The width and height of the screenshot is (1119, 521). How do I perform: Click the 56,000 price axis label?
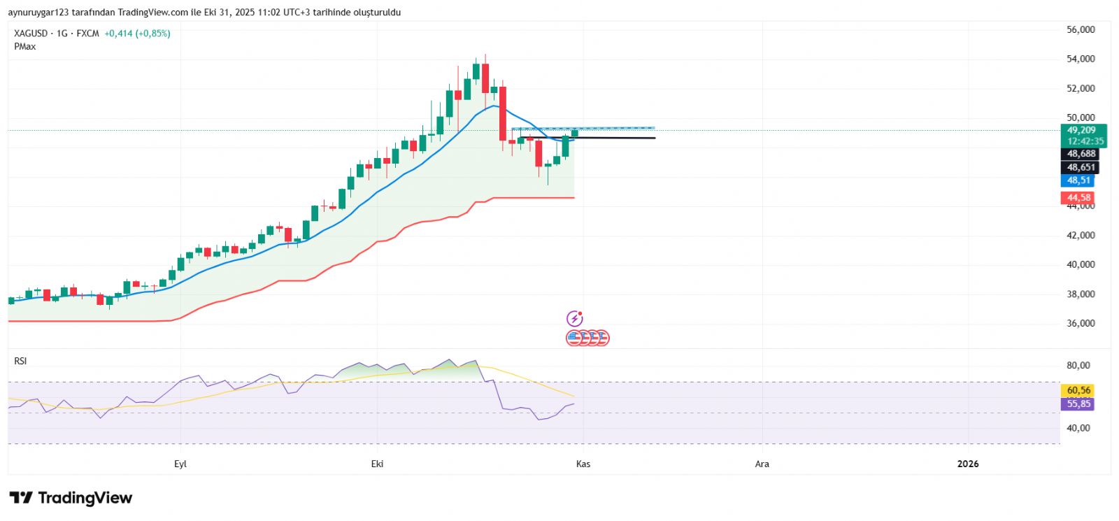(x=1081, y=29)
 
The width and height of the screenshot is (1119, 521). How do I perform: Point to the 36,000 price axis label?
(x=1081, y=323)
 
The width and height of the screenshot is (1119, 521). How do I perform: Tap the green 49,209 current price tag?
(x=1081, y=130)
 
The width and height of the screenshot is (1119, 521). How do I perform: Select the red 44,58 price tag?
(x=1078, y=198)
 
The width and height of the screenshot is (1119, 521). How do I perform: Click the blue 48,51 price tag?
(x=1078, y=180)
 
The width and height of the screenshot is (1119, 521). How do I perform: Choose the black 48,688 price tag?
(x=1081, y=154)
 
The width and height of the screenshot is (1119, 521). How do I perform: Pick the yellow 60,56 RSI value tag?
(x=1078, y=390)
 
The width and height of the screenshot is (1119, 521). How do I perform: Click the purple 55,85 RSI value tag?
(x=1078, y=404)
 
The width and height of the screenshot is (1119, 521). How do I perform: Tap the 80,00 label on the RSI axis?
(x=1078, y=365)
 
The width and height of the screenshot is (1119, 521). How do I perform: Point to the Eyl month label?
(x=180, y=464)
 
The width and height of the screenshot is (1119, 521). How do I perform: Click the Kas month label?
(x=583, y=464)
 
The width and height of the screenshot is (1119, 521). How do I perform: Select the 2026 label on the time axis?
(x=968, y=464)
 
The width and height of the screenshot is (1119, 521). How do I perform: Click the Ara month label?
(x=762, y=464)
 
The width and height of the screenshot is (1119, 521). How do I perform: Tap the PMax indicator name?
(x=24, y=46)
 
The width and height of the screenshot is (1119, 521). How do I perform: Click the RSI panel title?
(x=20, y=361)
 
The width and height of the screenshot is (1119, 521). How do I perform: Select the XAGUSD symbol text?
(x=31, y=33)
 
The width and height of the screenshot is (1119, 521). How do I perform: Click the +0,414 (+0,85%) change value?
(x=137, y=33)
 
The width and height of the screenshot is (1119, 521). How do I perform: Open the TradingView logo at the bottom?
(x=71, y=498)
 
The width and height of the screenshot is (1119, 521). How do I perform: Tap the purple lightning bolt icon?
(x=574, y=319)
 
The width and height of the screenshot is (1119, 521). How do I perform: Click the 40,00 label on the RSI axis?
(x=1078, y=428)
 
